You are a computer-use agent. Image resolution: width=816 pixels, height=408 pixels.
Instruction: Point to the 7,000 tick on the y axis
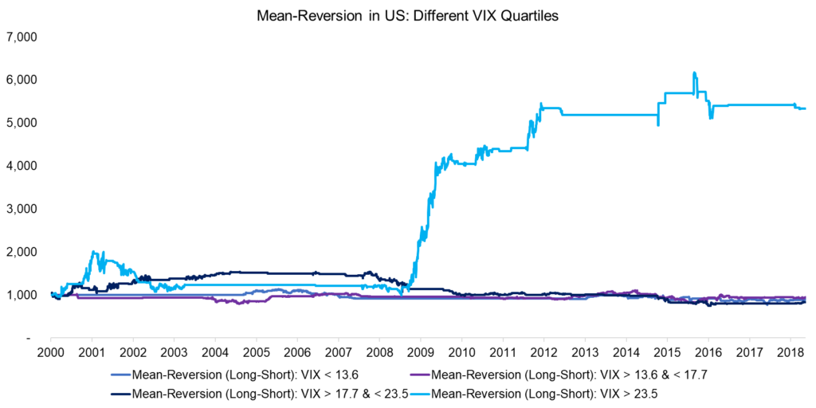(x=26, y=37)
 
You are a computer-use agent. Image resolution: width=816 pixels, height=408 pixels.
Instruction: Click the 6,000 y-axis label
(x=26, y=80)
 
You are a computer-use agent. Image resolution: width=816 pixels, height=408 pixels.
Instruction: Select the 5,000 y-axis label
(x=26, y=124)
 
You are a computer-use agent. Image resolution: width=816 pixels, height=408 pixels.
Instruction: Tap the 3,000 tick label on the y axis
(x=26, y=209)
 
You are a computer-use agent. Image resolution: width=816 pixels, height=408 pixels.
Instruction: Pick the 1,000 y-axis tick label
(x=26, y=295)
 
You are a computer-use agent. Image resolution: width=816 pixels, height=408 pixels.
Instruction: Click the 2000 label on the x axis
(x=51, y=352)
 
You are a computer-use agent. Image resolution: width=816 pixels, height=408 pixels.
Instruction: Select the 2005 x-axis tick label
(x=256, y=352)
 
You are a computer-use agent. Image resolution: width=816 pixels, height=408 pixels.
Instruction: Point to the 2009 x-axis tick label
(x=420, y=352)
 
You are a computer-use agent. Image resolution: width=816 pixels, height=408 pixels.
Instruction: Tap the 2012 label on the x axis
(x=543, y=352)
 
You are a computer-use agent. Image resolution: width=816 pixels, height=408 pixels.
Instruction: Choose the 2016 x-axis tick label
(x=707, y=352)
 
